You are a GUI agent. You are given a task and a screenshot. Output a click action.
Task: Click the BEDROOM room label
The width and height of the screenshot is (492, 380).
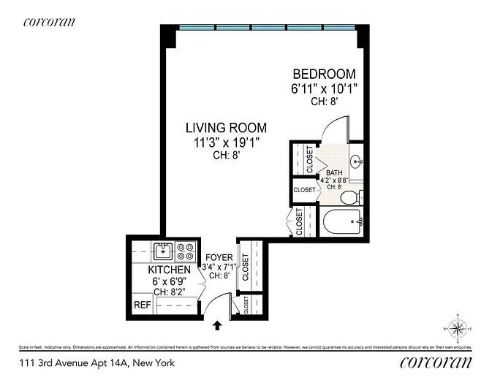[324, 75]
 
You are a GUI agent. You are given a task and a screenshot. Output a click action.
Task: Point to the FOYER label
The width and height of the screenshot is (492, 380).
[219, 258]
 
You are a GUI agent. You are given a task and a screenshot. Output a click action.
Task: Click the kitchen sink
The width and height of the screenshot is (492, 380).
[163, 252]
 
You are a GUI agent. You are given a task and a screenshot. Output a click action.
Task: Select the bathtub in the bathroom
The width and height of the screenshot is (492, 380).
[342, 221]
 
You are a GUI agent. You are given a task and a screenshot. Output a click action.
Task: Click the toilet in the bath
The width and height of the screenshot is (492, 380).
[350, 196]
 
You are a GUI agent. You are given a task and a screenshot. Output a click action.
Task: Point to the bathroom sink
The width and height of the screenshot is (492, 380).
[356, 161]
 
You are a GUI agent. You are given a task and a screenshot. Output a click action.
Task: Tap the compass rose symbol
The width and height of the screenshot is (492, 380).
[458, 328]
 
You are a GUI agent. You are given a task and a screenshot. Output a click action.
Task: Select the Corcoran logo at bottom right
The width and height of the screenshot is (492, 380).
[437, 363]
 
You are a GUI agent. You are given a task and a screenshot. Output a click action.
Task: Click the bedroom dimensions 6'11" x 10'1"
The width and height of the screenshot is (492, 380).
[324, 89]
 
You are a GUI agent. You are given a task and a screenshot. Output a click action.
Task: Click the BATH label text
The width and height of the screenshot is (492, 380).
[334, 172]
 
